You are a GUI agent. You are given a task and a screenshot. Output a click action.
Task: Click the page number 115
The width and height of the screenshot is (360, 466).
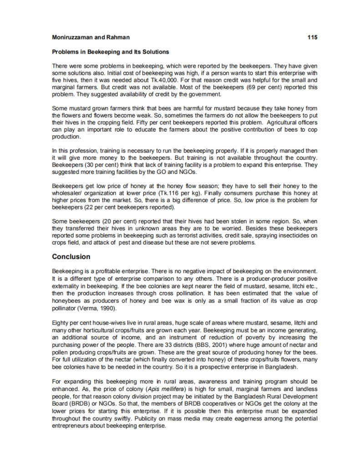(x=312, y=37)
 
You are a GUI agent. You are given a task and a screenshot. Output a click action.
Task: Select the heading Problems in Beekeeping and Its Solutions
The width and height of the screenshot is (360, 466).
(x=111, y=52)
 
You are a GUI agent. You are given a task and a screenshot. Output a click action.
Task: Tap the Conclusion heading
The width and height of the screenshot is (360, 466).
(x=71, y=257)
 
